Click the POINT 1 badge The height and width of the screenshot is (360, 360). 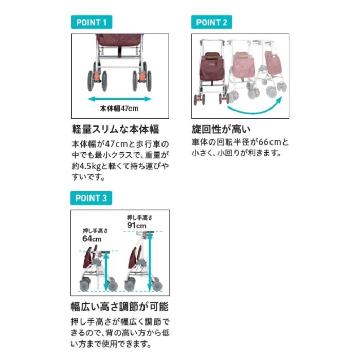coord(92,22)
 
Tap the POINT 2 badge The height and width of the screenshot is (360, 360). coord(212,22)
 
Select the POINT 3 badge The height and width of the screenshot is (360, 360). coord(91,198)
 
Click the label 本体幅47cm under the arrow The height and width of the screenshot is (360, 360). coord(119,109)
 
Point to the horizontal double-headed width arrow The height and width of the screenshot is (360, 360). coord(119,99)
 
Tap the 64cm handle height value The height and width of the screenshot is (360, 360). coord(92,239)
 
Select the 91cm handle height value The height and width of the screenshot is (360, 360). coord(137,225)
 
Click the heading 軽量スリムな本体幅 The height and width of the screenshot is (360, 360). coord(116,129)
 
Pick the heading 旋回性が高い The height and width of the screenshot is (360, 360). coord(221,129)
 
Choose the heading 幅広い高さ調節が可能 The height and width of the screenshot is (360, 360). coord(120,307)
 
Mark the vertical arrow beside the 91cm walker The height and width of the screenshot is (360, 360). coord(150,261)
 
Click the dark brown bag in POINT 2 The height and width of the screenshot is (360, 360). coord(211,66)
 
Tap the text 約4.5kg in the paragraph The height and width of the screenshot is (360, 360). coord(86,166)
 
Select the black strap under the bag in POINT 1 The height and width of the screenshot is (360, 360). coord(120,51)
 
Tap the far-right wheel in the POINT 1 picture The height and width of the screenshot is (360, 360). coord(149,81)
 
